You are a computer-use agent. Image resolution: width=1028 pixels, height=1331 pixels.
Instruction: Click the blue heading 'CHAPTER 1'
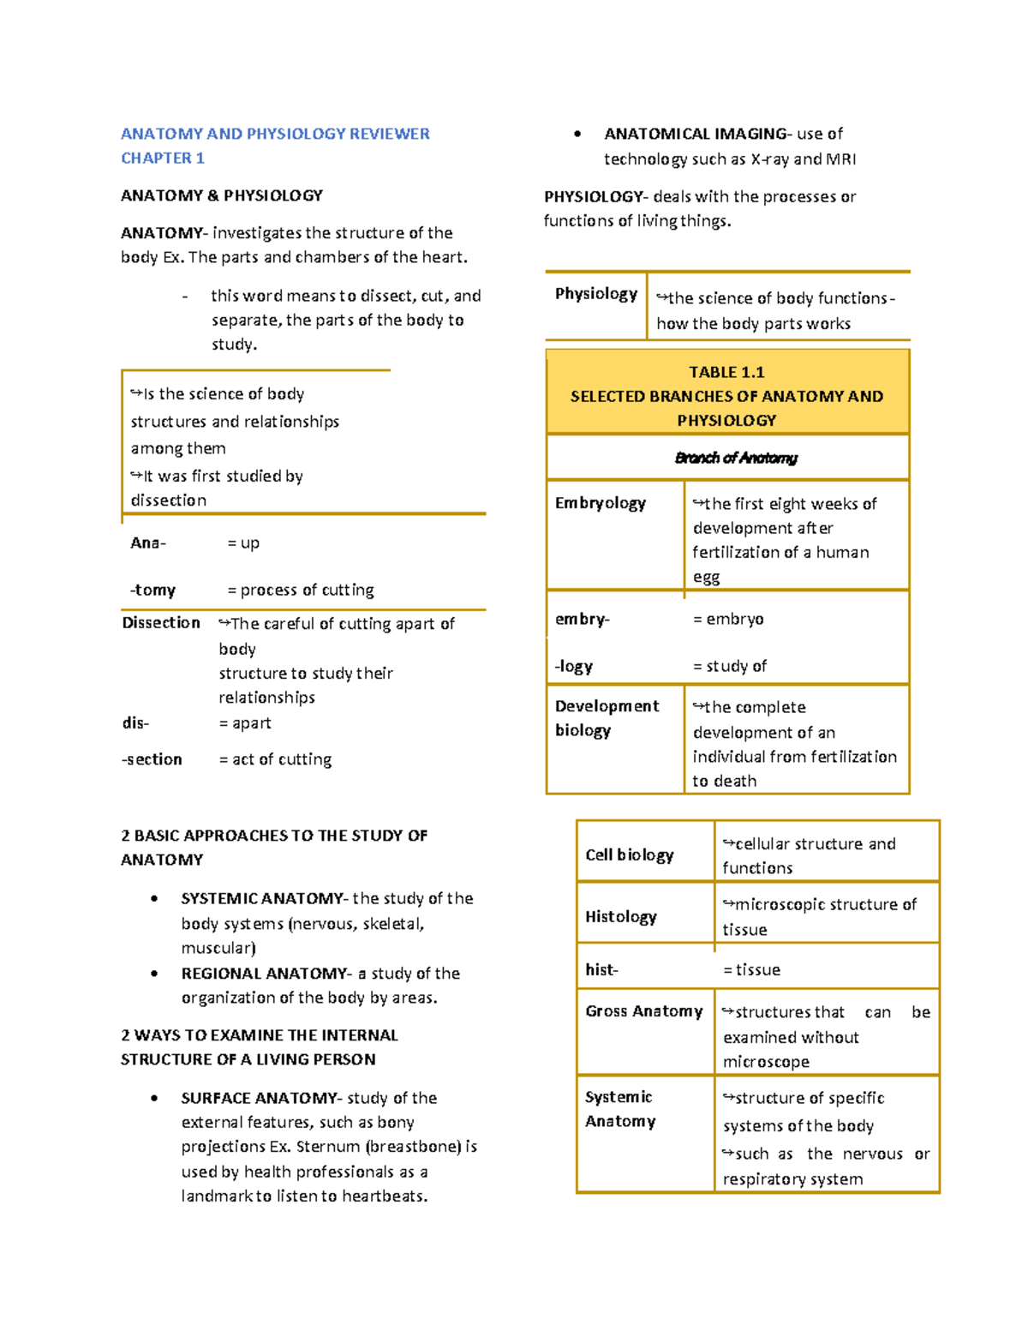tap(163, 158)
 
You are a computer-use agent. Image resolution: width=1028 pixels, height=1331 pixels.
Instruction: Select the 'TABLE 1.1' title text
tap(726, 372)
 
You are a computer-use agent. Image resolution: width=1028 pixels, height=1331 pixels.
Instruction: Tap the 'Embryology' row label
tap(600, 503)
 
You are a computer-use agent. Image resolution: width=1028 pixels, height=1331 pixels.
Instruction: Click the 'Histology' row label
tap(620, 916)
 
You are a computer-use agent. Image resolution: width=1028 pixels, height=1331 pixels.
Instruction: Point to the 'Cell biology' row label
tap(629, 854)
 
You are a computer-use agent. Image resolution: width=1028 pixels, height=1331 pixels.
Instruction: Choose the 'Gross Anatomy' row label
tap(643, 1011)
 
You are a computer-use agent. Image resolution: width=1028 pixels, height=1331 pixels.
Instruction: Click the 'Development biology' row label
tap(607, 718)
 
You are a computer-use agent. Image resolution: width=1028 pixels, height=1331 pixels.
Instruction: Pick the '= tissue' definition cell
tap(751, 969)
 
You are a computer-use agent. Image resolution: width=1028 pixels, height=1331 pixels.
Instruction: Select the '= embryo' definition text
tap(728, 619)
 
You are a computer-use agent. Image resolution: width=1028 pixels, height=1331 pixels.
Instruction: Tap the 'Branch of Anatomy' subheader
tap(736, 458)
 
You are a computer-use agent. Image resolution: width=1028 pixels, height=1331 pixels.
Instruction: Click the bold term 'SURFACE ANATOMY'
tap(259, 1098)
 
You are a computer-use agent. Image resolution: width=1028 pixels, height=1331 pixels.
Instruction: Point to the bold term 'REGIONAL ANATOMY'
tap(264, 974)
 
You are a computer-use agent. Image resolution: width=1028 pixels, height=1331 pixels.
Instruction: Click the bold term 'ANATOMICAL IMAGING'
tap(696, 134)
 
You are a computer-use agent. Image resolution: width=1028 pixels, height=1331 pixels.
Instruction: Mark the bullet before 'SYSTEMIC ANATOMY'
tap(154, 899)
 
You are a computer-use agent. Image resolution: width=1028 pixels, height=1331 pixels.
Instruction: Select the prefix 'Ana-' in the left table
tap(148, 543)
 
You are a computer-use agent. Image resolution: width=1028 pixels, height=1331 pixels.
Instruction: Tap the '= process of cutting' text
tap(300, 590)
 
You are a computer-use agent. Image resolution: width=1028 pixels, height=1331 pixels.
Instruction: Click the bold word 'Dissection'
tap(161, 622)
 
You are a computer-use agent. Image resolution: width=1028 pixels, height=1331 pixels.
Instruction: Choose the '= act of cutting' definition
tap(275, 759)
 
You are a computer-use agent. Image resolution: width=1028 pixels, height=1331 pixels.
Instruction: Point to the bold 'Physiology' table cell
tap(595, 294)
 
